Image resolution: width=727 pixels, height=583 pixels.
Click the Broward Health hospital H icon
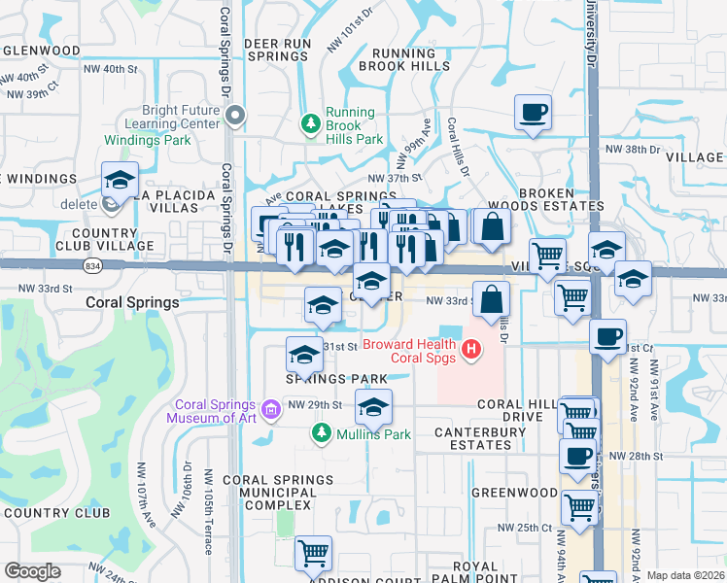472,348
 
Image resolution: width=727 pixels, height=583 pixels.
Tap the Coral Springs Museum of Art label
216,412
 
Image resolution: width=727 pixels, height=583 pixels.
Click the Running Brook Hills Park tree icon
311,122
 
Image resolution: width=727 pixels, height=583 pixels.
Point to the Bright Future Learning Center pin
234,117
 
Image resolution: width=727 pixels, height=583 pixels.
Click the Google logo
32,570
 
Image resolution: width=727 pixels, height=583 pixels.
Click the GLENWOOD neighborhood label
41,50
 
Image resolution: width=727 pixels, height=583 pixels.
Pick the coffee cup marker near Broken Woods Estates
533,112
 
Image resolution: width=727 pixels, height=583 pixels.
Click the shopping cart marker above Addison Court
313,553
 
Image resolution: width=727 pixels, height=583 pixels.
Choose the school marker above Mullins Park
372,406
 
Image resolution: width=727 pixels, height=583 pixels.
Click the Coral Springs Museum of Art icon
270,408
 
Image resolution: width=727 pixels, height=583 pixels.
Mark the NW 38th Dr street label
632,151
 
